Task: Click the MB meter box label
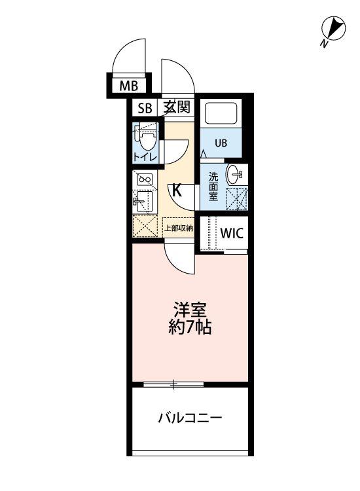(129, 86)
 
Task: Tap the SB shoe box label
(145, 108)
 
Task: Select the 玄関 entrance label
(177, 107)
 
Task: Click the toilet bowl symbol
(147, 141)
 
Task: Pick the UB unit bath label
(221, 143)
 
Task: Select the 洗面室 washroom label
(213, 187)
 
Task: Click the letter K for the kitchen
(177, 190)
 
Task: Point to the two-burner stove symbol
(145, 180)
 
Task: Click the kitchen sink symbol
(143, 202)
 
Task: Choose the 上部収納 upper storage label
(179, 228)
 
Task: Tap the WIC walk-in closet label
(232, 233)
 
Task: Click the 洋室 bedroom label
(190, 310)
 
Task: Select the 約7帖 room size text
(190, 327)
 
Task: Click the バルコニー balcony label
(190, 418)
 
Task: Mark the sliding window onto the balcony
(173, 384)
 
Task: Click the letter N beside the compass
(324, 44)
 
